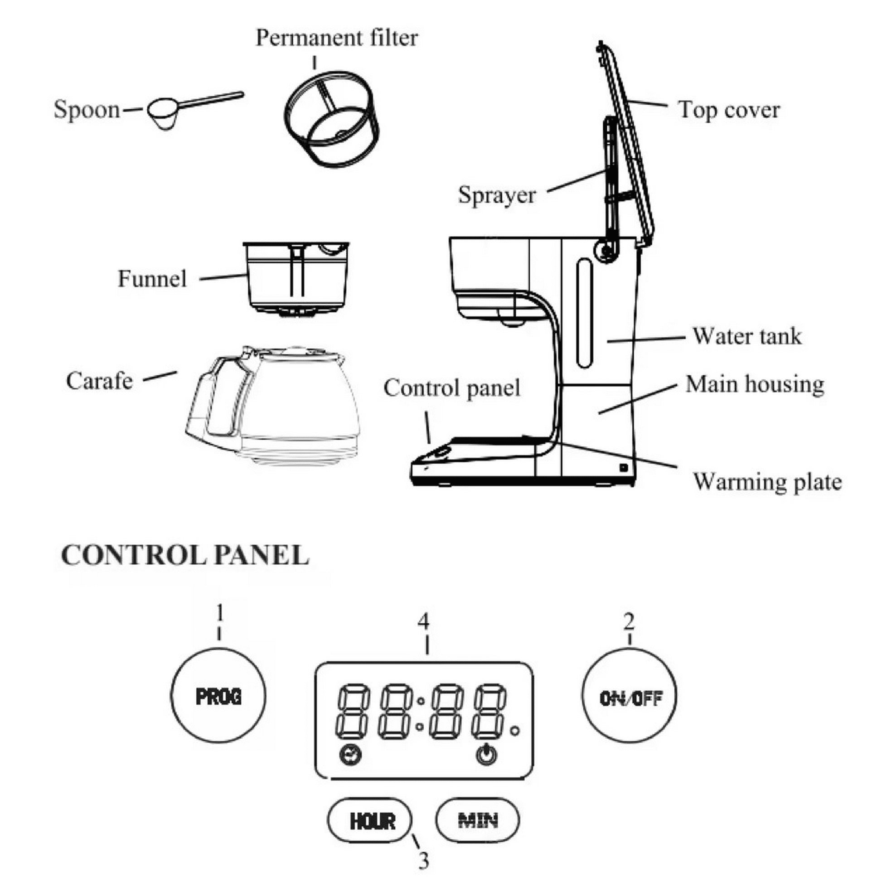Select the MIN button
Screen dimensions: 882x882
point(478,821)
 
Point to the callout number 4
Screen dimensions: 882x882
point(424,622)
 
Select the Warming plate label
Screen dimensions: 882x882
point(767,483)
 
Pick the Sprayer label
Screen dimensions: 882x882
point(497,195)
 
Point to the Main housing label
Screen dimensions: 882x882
point(755,384)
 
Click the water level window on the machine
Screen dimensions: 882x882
point(585,313)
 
